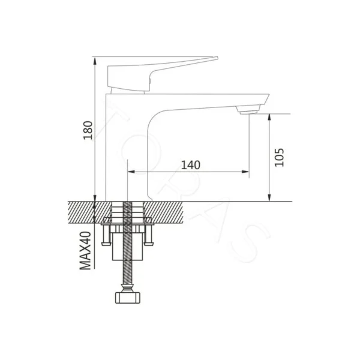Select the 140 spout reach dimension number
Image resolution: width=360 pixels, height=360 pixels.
tap(189, 164)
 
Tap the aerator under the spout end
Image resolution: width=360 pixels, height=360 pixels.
tap(247, 110)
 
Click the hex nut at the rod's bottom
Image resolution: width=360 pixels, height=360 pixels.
tap(128, 296)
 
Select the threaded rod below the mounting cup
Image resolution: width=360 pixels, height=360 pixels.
tap(128, 273)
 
